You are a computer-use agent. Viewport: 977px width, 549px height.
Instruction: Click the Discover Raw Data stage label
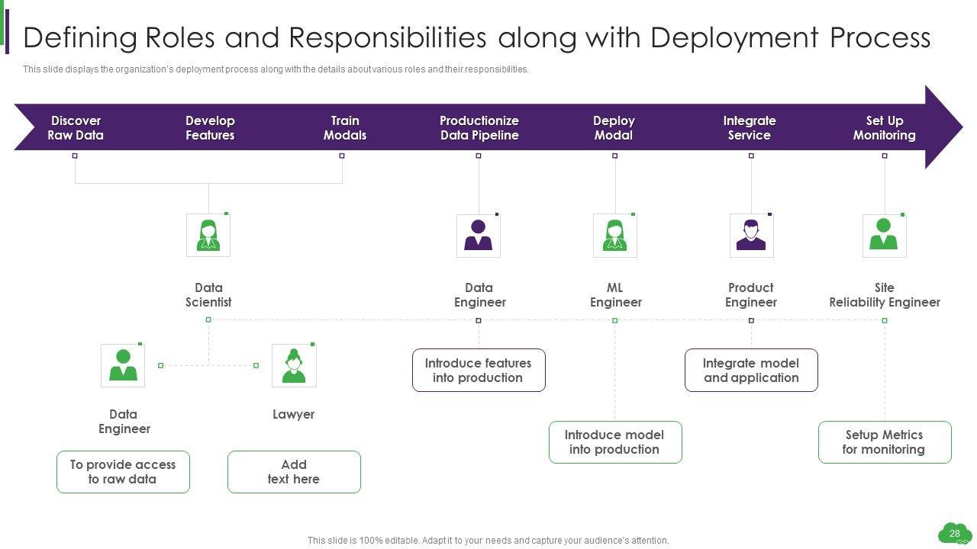[76, 128]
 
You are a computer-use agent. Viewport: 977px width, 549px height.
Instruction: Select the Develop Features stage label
[210, 128]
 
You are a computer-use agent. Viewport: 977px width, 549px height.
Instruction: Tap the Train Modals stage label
[345, 128]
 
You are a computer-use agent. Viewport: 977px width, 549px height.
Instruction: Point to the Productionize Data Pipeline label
[479, 128]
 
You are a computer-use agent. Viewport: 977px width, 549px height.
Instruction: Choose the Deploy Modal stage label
[614, 128]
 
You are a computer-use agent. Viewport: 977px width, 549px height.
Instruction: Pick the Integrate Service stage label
[750, 128]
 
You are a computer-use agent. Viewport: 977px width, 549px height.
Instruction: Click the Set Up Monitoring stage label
[884, 128]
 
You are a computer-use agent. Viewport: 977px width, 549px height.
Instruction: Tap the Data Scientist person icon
[208, 235]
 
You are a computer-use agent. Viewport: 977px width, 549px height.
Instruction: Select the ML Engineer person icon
[614, 236]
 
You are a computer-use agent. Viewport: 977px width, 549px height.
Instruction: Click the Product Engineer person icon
[751, 236]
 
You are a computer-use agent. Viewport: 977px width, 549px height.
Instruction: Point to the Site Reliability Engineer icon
[884, 236]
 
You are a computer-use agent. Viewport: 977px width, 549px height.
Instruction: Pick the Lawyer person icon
[294, 365]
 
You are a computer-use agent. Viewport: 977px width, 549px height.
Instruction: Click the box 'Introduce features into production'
[479, 371]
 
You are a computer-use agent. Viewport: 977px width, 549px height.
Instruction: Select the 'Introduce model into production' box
[614, 442]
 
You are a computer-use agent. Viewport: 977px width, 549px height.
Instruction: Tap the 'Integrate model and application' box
[751, 371]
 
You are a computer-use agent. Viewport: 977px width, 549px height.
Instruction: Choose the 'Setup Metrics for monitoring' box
[884, 442]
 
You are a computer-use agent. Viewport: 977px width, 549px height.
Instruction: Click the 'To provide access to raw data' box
[123, 472]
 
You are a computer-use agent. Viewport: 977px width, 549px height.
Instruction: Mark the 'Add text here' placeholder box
[294, 472]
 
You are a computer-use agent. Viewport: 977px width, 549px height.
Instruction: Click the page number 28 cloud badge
[954, 534]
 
